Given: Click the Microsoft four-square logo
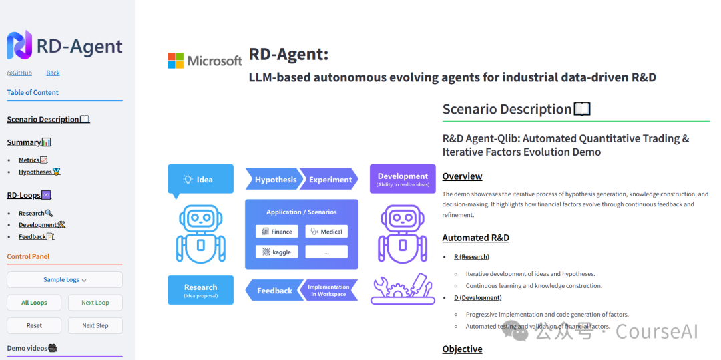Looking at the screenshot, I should coord(176,61).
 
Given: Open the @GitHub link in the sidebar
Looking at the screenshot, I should coord(19,73).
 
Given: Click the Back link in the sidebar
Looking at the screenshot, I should coord(53,73).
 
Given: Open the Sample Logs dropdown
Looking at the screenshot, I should coord(65,280).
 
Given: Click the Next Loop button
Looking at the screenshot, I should coord(95,303).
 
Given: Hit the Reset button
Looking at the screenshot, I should coord(34,326).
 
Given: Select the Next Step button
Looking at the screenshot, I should coord(95,326).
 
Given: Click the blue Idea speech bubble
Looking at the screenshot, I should coord(200,180).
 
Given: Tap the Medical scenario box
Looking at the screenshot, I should coord(326,232).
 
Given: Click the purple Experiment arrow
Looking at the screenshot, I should coord(330,180).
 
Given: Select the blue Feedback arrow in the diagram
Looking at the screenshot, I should coord(272,291).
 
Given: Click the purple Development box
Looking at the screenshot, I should coord(402,179).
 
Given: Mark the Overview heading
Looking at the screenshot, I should coord(462,176).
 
